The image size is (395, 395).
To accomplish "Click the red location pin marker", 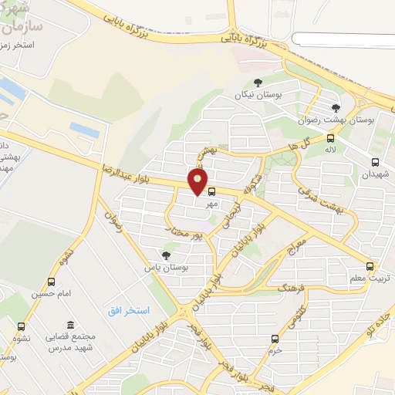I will point(198,182).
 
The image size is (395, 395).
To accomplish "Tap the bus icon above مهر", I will point(211,192).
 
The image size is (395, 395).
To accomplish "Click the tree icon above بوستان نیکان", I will point(258,83).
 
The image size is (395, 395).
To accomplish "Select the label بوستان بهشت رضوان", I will point(336,120).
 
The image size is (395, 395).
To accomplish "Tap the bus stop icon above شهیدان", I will point(375,162).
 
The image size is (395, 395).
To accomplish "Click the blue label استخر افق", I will point(127,309).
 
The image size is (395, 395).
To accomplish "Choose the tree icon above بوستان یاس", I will point(166,255).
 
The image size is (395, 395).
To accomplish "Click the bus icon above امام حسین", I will point(52,282).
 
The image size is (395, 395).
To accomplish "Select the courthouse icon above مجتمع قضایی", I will point(70,325).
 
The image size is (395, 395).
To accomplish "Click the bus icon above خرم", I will point(275,338).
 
